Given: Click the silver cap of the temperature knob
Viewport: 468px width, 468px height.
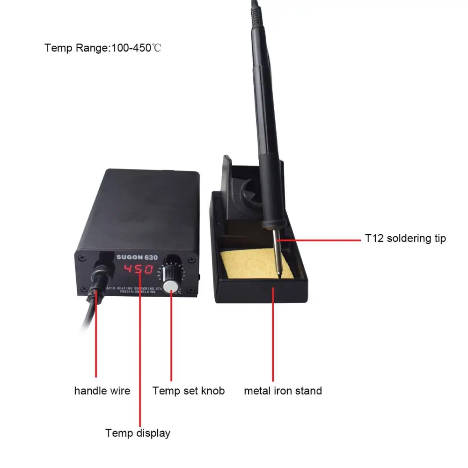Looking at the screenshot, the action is (173, 286).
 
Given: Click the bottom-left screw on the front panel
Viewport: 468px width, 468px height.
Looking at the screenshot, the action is (83, 288).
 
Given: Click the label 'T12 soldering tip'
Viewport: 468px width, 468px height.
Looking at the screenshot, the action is (405, 238).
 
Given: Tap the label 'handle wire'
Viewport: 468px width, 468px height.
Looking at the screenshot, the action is (102, 390).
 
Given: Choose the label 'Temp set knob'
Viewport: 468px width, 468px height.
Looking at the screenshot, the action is (188, 390).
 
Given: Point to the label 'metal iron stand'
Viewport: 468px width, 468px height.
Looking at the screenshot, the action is (283, 390).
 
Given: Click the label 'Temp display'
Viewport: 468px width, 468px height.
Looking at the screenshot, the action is (138, 433).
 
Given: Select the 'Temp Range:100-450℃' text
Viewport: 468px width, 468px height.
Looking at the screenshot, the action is (103, 48).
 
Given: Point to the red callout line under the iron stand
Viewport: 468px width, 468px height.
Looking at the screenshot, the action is (273, 337).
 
